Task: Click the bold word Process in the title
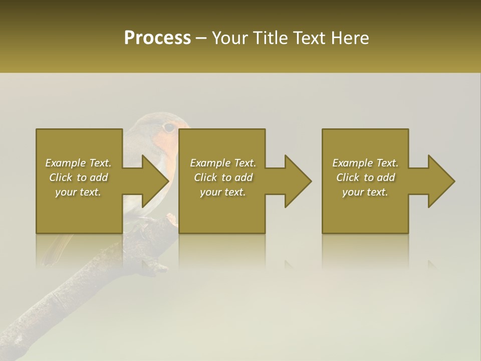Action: click(157, 38)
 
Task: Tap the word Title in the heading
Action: click(268, 38)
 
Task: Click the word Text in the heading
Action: click(309, 38)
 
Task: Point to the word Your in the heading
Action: click(230, 38)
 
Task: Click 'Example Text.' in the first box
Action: click(78, 163)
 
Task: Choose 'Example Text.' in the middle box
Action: click(223, 163)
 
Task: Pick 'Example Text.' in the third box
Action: click(365, 163)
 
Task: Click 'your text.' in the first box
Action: click(78, 192)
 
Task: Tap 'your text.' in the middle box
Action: click(223, 192)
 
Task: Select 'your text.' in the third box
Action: click(365, 192)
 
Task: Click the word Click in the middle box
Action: click(205, 177)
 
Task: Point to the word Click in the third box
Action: click(347, 177)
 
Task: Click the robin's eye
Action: click(169, 127)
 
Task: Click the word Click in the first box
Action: click(60, 177)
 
